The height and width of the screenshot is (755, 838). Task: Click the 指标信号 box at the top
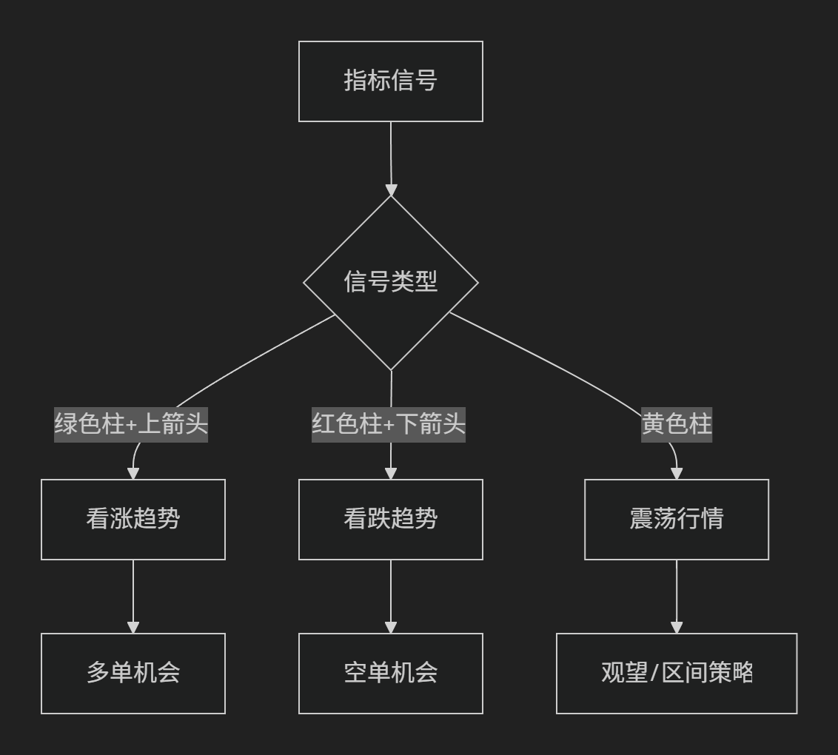click(391, 81)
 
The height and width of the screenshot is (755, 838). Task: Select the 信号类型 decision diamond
click(391, 283)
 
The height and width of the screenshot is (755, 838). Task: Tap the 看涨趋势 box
click(133, 520)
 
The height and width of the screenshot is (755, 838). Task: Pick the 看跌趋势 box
click(391, 520)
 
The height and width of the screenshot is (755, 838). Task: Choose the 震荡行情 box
click(677, 520)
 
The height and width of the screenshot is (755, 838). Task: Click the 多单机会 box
click(133, 674)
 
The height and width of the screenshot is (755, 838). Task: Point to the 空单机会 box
click(391, 674)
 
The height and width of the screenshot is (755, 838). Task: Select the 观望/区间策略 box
click(677, 674)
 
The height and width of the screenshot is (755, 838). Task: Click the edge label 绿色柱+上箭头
click(131, 424)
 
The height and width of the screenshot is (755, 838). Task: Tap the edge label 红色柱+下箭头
click(389, 424)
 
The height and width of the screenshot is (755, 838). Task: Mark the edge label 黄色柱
click(677, 424)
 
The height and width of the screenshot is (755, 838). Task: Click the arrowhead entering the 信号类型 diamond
click(391, 190)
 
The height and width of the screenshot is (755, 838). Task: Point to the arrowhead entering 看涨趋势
click(133, 474)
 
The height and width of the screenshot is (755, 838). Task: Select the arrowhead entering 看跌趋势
click(391, 474)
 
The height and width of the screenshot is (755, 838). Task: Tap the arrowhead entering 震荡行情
click(677, 474)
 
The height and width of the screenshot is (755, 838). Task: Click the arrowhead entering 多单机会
click(133, 627)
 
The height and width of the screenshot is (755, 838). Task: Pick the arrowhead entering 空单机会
click(391, 627)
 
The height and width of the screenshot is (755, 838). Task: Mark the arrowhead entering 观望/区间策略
click(677, 627)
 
